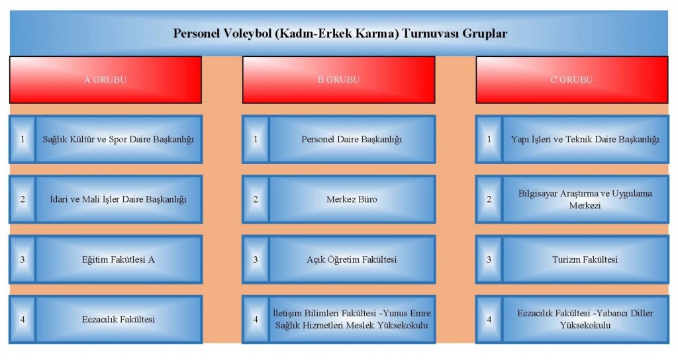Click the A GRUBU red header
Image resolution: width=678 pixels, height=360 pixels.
(x=105, y=79)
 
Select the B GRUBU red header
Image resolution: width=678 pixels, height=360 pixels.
(x=338, y=79)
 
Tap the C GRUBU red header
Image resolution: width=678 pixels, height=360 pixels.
(x=571, y=79)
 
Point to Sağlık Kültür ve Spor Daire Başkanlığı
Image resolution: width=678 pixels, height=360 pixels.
(x=119, y=139)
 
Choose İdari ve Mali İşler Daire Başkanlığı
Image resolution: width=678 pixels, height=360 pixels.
(x=119, y=199)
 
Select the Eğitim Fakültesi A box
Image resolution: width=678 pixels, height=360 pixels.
(x=119, y=259)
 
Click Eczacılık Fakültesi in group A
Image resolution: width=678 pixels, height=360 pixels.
(x=119, y=320)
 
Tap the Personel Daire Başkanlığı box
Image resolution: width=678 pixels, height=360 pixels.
(x=352, y=139)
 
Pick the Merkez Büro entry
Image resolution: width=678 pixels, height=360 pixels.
(x=352, y=199)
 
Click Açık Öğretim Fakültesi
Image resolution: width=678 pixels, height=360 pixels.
(x=352, y=259)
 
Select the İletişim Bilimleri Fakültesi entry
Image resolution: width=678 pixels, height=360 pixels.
(x=352, y=320)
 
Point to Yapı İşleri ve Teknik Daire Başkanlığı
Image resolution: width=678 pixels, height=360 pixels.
(x=585, y=139)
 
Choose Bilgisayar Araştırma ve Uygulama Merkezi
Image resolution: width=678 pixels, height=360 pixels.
(x=585, y=199)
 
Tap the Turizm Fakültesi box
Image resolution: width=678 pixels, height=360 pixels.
(x=585, y=259)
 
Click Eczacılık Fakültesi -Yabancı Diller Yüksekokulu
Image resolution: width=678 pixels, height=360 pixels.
(x=585, y=320)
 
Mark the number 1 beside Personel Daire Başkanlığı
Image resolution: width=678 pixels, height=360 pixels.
(x=256, y=139)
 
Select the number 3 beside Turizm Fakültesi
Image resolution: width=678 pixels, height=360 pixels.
(x=489, y=259)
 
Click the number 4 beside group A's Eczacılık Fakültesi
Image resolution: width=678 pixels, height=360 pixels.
(x=23, y=320)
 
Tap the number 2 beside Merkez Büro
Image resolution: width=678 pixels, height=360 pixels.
(x=256, y=199)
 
